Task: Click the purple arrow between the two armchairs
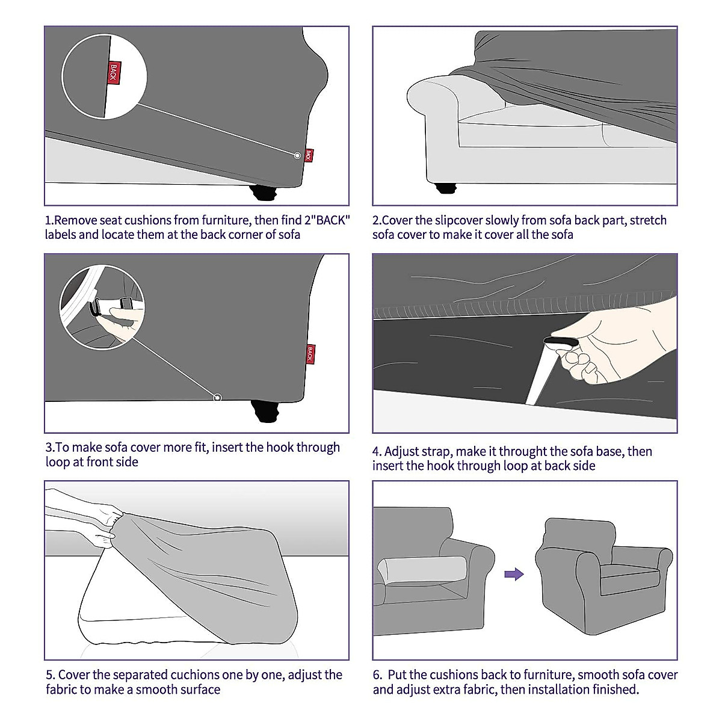pos(514,574)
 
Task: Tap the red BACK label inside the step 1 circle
pos(114,72)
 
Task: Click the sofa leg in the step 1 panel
pos(264,193)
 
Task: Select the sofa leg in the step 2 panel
pos(446,188)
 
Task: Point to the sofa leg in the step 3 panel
pos(265,411)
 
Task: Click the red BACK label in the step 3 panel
pos(310,354)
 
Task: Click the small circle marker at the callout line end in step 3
pos(217,398)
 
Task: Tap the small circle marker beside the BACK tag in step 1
pos(297,155)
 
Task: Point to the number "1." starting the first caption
pos(49,220)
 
